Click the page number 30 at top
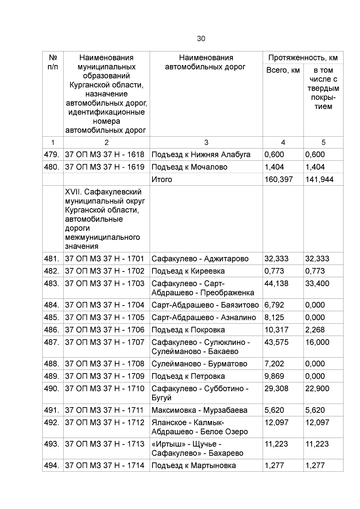201,39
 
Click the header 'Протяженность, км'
303,58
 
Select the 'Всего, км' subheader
283,70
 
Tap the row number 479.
51,154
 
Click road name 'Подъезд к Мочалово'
189,167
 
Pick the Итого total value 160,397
279,179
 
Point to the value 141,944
319,179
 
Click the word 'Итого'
162,179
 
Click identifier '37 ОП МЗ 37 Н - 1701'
105,259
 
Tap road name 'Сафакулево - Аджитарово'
200,259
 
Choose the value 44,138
276,283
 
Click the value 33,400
317,283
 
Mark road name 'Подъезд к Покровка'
188,330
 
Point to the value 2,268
315,330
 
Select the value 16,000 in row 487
317,342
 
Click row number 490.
51,389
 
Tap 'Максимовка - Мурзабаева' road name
199,410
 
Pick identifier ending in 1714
105,466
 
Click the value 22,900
317,389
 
